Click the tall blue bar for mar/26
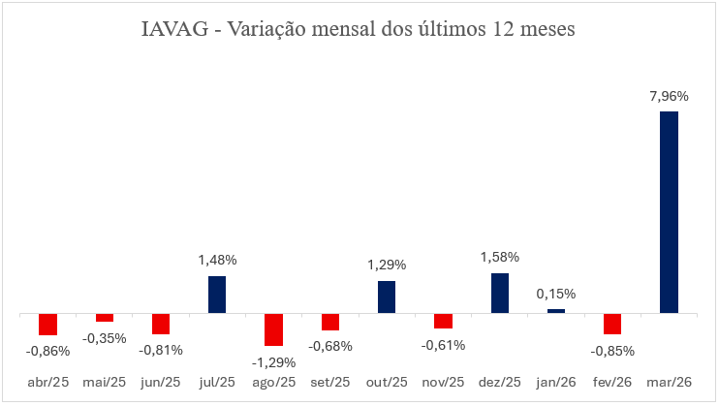(x=669, y=212)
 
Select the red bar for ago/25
(x=273, y=329)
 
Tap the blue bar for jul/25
(x=217, y=295)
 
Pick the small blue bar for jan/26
(x=556, y=311)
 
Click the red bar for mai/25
(x=105, y=318)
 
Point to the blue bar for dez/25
(x=500, y=294)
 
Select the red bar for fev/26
(x=612, y=324)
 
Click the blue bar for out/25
(x=387, y=297)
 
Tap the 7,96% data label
(x=669, y=97)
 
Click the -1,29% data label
(x=273, y=362)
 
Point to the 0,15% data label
(x=556, y=294)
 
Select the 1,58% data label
(x=500, y=258)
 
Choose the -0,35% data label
(x=105, y=338)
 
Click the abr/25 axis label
(x=47, y=383)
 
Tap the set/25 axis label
(x=330, y=383)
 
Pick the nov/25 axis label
(x=443, y=383)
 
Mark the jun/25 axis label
(x=161, y=383)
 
